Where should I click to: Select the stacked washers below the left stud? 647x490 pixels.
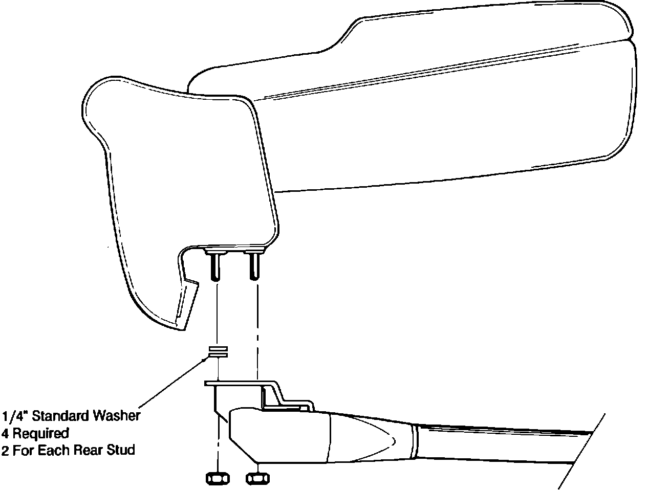pos(218,351)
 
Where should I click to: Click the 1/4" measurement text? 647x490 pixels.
pos(15,416)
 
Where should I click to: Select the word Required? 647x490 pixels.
pos(41,434)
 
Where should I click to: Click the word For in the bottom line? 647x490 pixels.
pos(23,451)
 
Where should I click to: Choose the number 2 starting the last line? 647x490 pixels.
pos(6,451)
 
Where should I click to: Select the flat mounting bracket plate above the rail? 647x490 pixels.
pos(235,383)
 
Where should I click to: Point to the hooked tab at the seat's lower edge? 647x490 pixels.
pos(186,302)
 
